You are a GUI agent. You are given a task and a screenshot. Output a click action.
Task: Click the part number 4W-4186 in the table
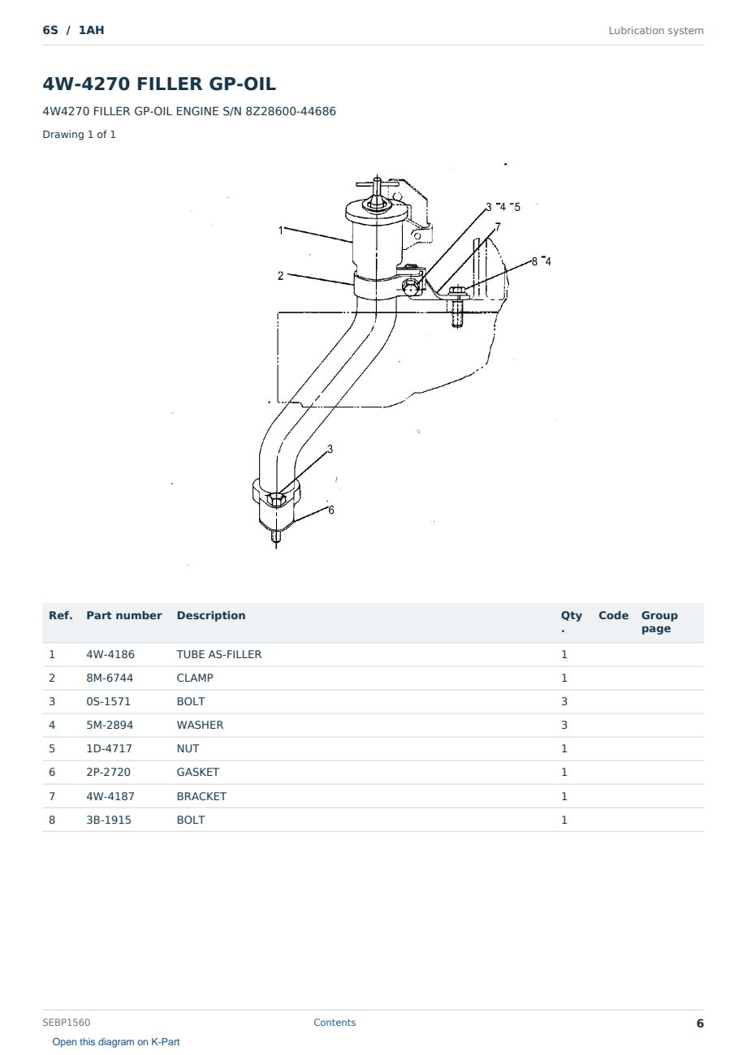(110, 654)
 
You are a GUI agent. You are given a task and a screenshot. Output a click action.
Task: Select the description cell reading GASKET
(197, 772)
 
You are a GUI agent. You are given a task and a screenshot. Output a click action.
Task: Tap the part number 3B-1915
(109, 820)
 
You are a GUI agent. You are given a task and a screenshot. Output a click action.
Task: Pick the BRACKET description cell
(201, 796)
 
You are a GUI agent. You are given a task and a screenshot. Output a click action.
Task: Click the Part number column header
(124, 615)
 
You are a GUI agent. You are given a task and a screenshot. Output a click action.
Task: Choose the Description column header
(210, 615)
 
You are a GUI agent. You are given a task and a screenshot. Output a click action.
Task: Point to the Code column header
(613, 615)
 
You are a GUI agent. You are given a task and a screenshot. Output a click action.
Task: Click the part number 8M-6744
(110, 678)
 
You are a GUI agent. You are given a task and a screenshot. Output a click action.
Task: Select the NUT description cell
(188, 748)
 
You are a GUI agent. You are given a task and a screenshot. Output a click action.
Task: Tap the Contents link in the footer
(335, 1023)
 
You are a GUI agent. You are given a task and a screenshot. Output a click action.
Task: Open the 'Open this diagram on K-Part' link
(116, 1042)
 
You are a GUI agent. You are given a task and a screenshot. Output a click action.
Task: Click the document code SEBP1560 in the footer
(66, 1023)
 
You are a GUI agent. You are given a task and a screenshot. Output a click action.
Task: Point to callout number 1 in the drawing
(281, 230)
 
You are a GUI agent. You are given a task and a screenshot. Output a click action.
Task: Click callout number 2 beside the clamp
(280, 276)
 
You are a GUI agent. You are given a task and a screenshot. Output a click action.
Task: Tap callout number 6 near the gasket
(331, 510)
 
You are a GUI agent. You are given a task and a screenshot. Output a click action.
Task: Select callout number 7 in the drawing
(498, 227)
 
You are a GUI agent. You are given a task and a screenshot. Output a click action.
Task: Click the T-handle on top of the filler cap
(377, 185)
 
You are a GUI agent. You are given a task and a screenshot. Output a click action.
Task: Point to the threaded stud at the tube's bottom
(276, 537)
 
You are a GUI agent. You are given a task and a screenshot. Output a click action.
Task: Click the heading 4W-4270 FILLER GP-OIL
(159, 84)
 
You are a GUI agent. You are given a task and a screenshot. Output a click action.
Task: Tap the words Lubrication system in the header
(656, 31)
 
